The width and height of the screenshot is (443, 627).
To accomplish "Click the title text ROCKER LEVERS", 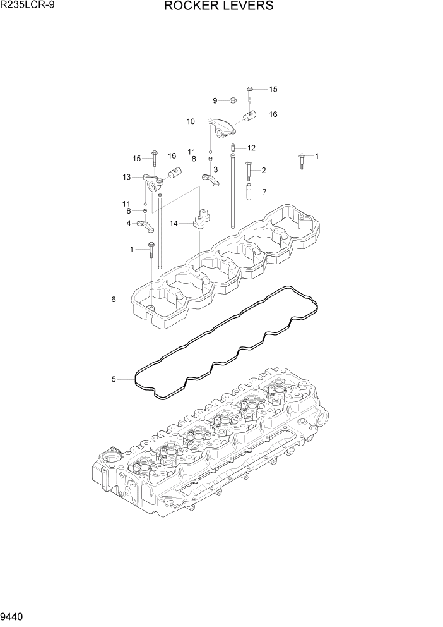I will (x=219, y=6).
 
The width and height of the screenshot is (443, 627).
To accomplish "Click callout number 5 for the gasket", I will (x=114, y=379).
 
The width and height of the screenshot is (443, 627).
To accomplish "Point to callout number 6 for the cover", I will (x=114, y=299).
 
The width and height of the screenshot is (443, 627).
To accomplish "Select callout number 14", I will (x=173, y=223).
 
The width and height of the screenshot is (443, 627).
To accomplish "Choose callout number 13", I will (x=127, y=177).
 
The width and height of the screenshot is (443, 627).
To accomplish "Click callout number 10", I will (x=190, y=121).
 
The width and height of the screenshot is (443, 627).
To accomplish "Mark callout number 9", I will (x=215, y=100).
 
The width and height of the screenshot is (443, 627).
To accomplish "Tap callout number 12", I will (x=251, y=148).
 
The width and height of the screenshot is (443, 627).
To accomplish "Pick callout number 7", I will (x=264, y=192).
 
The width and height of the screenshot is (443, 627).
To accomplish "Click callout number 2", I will (x=263, y=170).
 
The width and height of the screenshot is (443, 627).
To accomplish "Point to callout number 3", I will (x=216, y=169).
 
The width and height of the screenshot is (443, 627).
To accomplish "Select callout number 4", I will (x=129, y=223).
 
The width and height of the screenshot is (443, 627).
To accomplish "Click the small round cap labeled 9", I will (x=232, y=100).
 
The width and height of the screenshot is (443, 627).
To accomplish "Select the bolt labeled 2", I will (x=248, y=171).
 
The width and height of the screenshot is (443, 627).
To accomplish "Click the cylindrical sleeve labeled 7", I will (x=249, y=192).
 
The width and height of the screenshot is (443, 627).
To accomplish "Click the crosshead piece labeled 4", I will (x=146, y=226).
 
